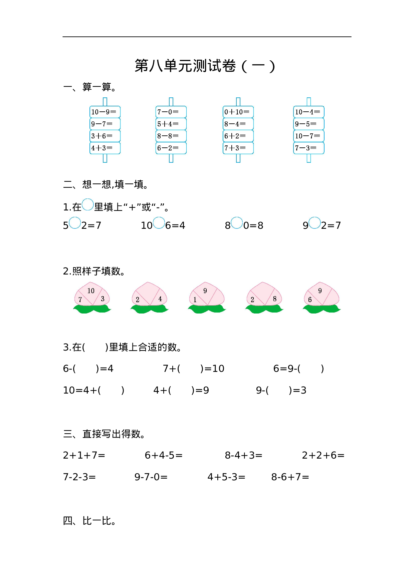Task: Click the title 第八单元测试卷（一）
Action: (205, 66)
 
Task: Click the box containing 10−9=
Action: (105, 112)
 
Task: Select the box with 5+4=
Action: (171, 124)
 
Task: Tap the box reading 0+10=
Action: (238, 112)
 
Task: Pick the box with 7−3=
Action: (308, 148)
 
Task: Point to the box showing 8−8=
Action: (171, 136)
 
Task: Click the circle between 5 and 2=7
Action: (75, 223)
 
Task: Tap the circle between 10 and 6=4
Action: (159, 223)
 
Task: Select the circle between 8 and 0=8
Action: (237, 223)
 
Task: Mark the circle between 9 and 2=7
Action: (315, 223)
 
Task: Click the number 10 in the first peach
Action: (91, 291)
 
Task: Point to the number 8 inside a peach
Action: (275, 299)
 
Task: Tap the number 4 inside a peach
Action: (160, 299)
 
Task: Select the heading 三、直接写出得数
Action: (104, 434)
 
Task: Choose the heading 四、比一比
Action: (89, 521)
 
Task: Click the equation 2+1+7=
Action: (84, 455)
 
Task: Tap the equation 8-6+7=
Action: (290, 477)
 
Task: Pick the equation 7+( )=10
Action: (194, 369)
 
